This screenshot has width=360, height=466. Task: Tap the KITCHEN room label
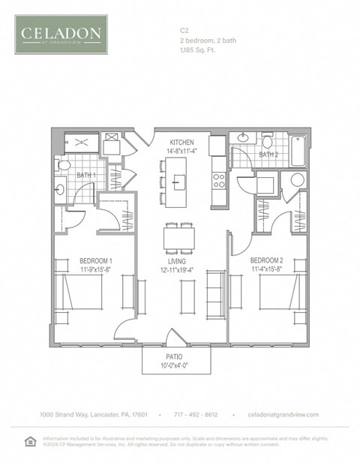(181, 142)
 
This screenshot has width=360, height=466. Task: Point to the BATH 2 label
(268, 155)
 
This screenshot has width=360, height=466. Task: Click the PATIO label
(176, 357)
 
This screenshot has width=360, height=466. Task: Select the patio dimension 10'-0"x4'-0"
(176, 365)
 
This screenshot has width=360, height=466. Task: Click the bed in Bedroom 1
(79, 292)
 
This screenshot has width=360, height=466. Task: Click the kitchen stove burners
(220, 179)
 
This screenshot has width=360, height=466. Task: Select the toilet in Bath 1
(64, 165)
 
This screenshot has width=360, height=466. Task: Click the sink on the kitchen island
(178, 180)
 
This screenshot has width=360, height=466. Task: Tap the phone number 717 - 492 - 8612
(196, 415)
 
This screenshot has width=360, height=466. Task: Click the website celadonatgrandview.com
(283, 415)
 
